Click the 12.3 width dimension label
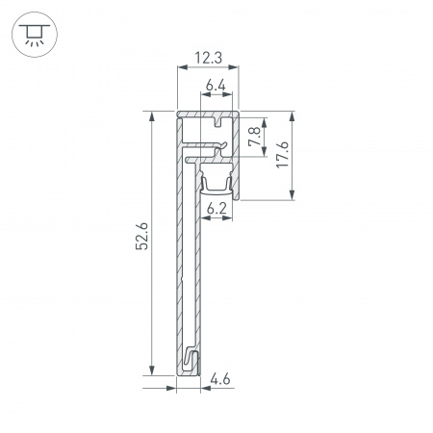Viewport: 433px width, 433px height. click(207, 59)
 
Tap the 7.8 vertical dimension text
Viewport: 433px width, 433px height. click(253, 138)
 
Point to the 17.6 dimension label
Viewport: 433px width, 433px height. click(280, 156)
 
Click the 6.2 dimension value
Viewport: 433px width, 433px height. click(216, 207)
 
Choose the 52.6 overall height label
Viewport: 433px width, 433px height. click(141, 237)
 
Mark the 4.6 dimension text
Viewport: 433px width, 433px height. click(220, 380)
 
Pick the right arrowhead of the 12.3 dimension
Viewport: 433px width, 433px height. click(237, 68)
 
